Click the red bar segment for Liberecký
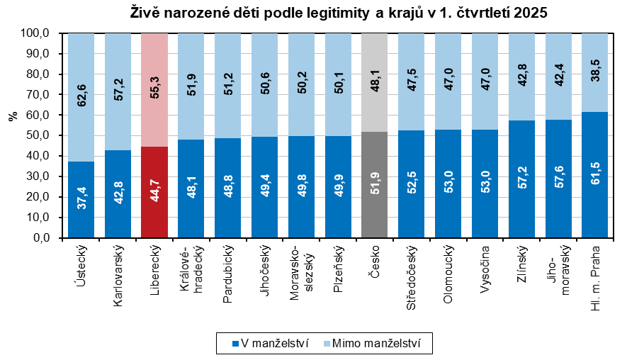tap(154, 192)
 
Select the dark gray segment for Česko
tap(374, 185)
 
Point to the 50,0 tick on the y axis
tap(35, 135)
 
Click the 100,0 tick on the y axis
tap(33, 33)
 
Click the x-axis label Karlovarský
tap(118, 276)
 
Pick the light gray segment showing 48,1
tap(374, 82)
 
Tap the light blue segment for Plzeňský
tap(338, 84)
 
